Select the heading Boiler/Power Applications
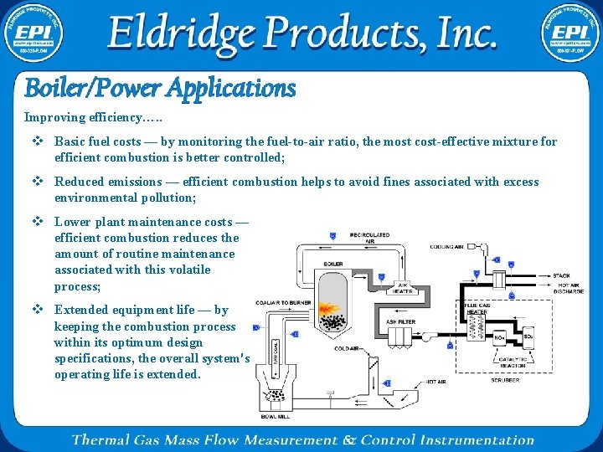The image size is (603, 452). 160,87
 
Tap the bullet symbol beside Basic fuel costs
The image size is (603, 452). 38,141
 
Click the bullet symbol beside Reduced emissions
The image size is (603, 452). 38,182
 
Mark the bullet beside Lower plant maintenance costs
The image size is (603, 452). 38,222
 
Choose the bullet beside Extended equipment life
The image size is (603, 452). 38,310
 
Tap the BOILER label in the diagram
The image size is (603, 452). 332,265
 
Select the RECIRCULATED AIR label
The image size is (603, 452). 369,239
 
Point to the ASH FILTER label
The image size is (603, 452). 400,321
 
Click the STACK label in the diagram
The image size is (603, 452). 562,275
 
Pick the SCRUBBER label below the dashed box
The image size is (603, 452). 506,380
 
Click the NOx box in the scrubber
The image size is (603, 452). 500,337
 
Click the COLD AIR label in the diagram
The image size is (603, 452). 347,348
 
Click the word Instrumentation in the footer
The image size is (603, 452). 477,439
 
